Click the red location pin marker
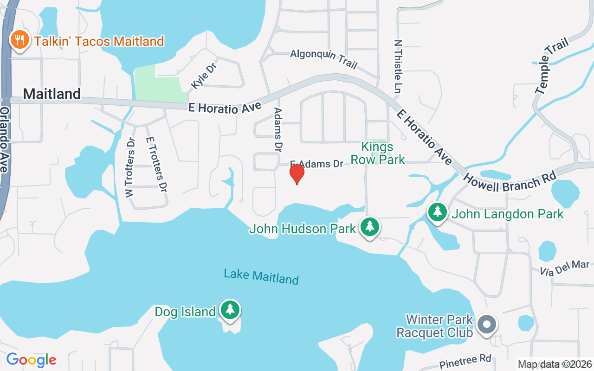[297, 174]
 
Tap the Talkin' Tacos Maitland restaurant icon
[19, 40]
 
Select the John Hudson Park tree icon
[369, 227]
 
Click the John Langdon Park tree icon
[437, 212]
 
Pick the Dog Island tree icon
[230, 309]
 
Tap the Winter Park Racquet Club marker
[486, 324]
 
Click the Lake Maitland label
[261, 276]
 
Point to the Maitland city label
[52, 94]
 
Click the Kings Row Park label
[377, 154]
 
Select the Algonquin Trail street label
[324, 59]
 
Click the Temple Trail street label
[552, 66]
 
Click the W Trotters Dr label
[130, 167]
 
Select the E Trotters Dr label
[156, 164]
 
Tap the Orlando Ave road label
[4, 139]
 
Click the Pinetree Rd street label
[465, 361]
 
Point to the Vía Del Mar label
[564, 268]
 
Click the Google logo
[31, 359]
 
